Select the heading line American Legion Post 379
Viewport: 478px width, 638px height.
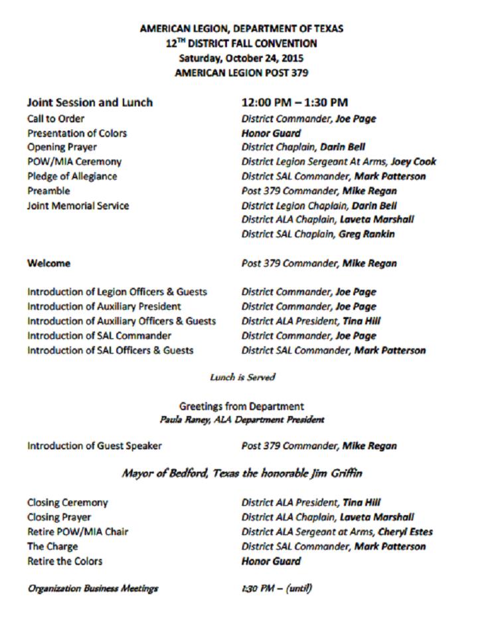[x=241, y=72]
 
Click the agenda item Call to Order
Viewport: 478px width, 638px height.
[x=56, y=119]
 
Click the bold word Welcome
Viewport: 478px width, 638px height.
[x=48, y=263]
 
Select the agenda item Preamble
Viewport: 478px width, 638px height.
[x=49, y=191]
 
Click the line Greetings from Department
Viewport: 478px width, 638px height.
[x=242, y=406]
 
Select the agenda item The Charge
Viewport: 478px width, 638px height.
[x=52, y=546]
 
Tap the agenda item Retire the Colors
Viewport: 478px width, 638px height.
[x=65, y=561]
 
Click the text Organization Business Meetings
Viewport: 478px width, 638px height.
[x=93, y=588]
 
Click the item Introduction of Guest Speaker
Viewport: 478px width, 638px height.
[x=94, y=446]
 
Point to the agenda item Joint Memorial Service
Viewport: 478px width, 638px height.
[x=78, y=205]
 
